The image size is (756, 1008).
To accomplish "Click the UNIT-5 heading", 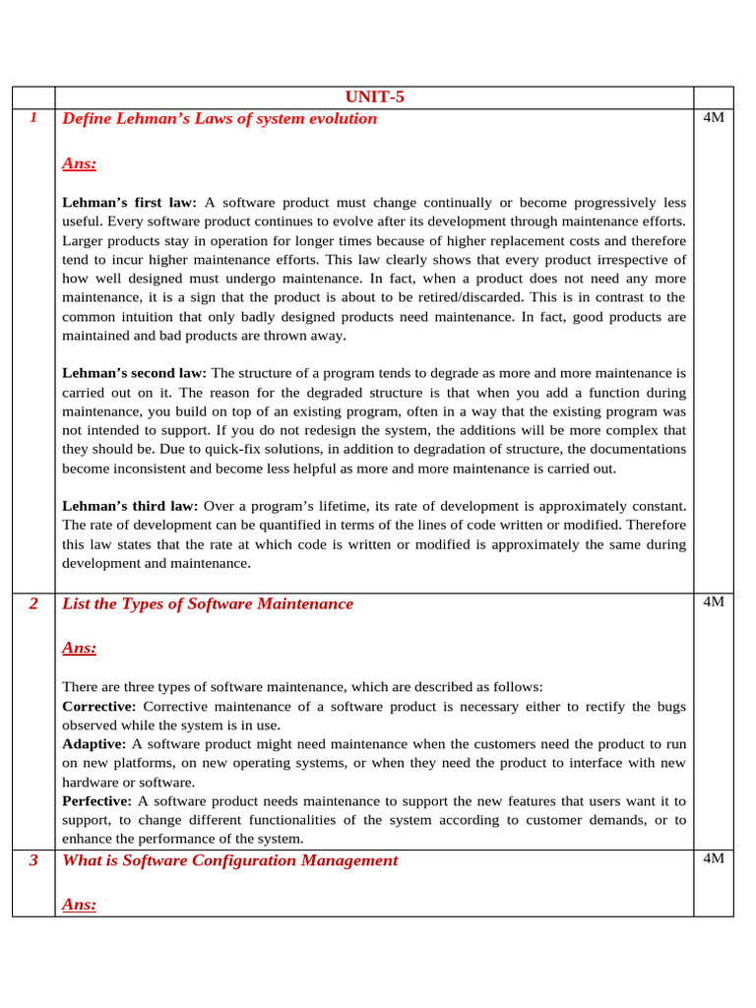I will click(x=374, y=96).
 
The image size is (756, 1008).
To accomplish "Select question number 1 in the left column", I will click(x=33, y=117).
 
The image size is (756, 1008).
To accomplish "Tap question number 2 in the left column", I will click(x=33, y=603).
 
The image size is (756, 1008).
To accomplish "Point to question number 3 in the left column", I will click(x=33, y=860).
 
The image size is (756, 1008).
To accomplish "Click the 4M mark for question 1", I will click(x=715, y=117).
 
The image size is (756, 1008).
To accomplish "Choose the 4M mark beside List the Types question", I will click(x=715, y=602).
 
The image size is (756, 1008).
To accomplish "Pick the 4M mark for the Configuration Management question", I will click(x=715, y=859).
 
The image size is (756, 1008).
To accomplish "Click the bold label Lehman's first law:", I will click(x=129, y=203).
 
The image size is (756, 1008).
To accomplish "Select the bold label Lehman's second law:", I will click(x=134, y=374).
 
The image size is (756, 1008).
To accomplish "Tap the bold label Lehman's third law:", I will click(x=130, y=506).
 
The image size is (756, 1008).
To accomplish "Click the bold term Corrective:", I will click(x=99, y=707).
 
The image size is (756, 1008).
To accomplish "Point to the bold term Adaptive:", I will click(x=94, y=744).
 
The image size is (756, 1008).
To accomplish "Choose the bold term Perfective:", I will click(x=97, y=801).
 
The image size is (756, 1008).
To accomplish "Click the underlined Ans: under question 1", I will click(x=79, y=163).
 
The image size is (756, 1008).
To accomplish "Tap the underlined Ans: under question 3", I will click(x=79, y=904).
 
